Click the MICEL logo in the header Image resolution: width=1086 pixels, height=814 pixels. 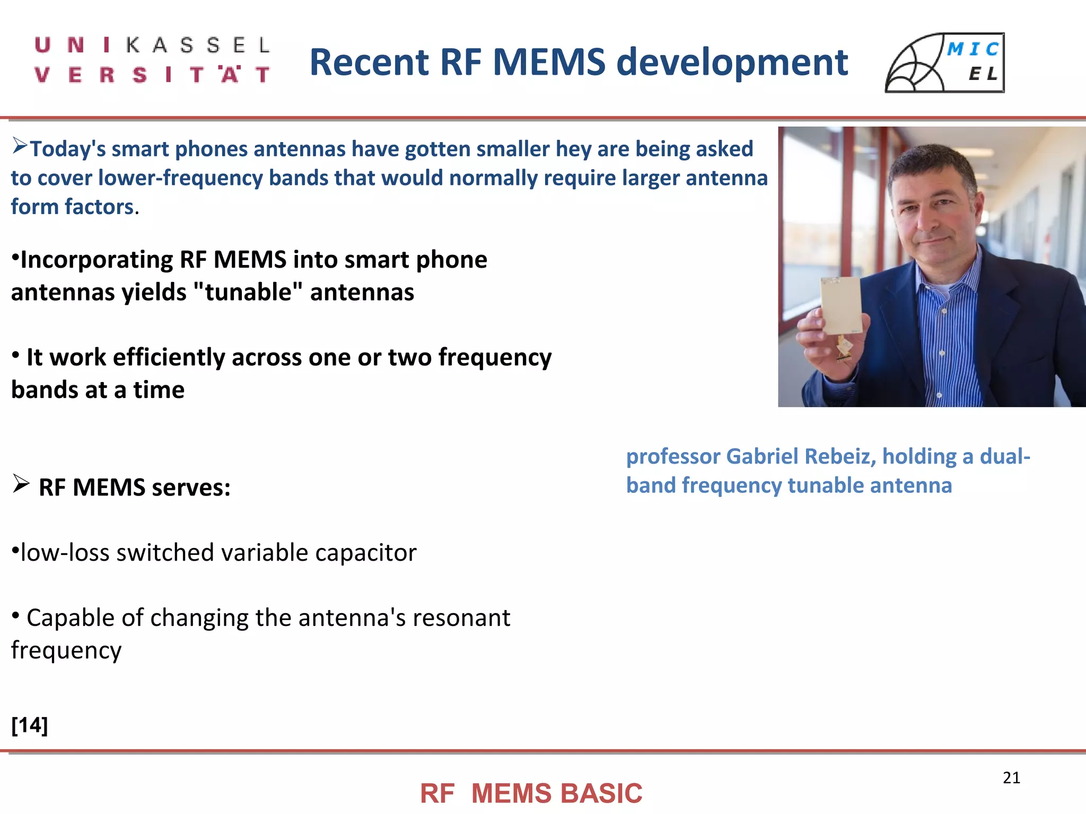coord(944,63)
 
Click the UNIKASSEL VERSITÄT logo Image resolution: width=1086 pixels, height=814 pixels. coord(152,60)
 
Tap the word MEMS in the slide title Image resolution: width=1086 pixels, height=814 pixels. coord(549,62)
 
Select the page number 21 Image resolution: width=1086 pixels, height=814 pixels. coord(1011,777)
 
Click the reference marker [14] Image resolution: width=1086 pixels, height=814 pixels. coord(30,724)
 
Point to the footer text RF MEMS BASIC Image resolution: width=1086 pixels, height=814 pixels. coord(531,793)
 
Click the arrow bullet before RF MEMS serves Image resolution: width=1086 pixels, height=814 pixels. coord(21,483)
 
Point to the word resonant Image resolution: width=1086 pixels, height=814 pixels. coord(461,618)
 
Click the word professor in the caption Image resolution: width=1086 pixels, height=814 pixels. coord(673,456)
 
